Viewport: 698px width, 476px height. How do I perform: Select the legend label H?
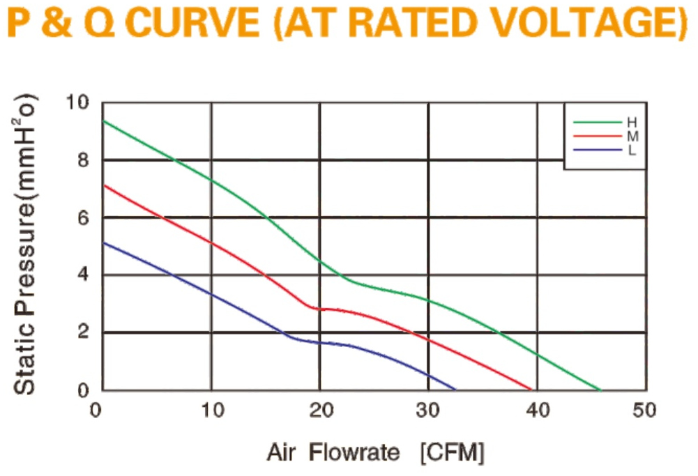[x=632, y=123]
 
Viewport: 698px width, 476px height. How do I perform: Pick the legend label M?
[x=632, y=136]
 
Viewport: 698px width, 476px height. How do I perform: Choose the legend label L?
[x=632, y=151]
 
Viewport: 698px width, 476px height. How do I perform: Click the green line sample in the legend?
[x=598, y=122]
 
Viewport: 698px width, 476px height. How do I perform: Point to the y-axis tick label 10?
[x=77, y=102]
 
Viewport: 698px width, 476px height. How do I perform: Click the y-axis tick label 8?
[x=83, y=160]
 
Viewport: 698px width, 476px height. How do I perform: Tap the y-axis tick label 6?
[x=83, y=217]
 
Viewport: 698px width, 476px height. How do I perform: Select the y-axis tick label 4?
[x=83, y=274]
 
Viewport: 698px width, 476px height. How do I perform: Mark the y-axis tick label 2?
[x=83, y=332]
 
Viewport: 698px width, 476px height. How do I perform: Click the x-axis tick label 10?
[x=213, y=410]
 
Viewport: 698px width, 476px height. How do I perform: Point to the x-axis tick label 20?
[x=321, y=410]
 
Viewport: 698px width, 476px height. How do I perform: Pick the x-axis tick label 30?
[x=428, y=410]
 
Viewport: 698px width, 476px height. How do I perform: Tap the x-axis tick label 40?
[x=538, y=410]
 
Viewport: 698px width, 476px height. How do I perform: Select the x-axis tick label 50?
[x=644, y=410]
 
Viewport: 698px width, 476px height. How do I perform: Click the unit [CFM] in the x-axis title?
[x=453, y=453]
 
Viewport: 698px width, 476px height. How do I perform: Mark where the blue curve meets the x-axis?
[x=455, y=390]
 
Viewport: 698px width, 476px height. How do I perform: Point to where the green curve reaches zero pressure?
[x=600, y=390]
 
